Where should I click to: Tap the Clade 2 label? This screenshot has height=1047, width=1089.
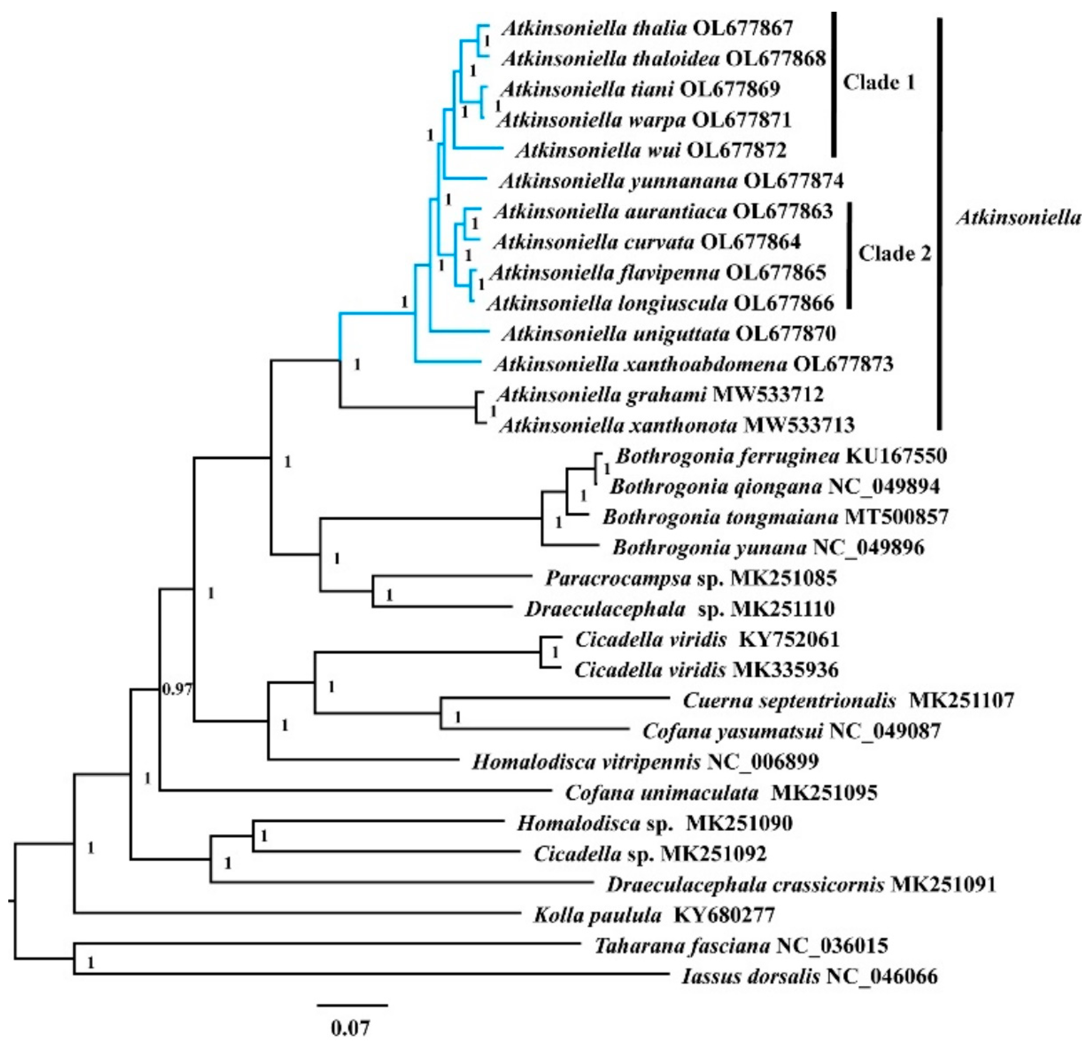click(x=894, y=254)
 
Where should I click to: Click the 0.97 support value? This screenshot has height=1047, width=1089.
click(x=177, y=690)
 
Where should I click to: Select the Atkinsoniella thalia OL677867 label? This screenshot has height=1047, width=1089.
click(x=647, y=28)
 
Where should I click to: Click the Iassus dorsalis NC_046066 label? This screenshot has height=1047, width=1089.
click(x=809, y=977)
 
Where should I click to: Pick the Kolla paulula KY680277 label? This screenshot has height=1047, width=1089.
click(x=654, y=915)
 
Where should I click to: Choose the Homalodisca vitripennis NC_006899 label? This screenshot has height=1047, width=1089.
click(x=645, y=761)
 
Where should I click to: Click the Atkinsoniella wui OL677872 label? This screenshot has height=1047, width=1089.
click(x=651, y=150)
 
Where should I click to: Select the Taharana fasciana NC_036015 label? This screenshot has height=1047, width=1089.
click(x=741, y=945)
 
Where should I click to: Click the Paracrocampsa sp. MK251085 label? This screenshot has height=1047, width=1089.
click(x=691, y=578)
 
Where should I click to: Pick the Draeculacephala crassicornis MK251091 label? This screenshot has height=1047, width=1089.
click(x=800, y=884)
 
